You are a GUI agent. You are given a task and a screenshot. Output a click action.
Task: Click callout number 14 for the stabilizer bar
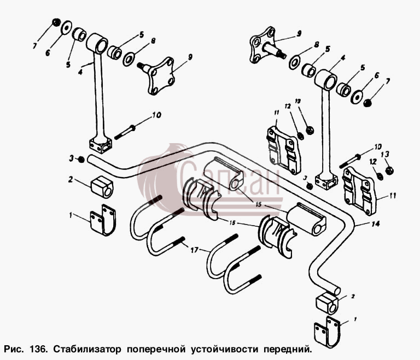376,223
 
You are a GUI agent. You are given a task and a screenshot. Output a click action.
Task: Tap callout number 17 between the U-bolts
195,250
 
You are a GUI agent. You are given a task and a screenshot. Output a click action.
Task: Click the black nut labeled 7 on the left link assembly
56,22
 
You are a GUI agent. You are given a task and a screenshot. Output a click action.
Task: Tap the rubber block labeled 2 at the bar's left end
102,187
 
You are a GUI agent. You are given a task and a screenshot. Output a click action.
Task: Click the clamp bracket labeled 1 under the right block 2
327,332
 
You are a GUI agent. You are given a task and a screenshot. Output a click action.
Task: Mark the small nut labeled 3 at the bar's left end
81,160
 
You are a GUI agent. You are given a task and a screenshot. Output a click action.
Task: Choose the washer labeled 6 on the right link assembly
357,97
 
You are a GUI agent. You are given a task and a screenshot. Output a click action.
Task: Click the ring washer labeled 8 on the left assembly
129,60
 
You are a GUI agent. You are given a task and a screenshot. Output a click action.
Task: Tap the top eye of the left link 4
97,43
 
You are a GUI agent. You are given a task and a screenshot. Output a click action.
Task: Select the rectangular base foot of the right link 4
326,182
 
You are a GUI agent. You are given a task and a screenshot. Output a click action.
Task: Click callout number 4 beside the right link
343,58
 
